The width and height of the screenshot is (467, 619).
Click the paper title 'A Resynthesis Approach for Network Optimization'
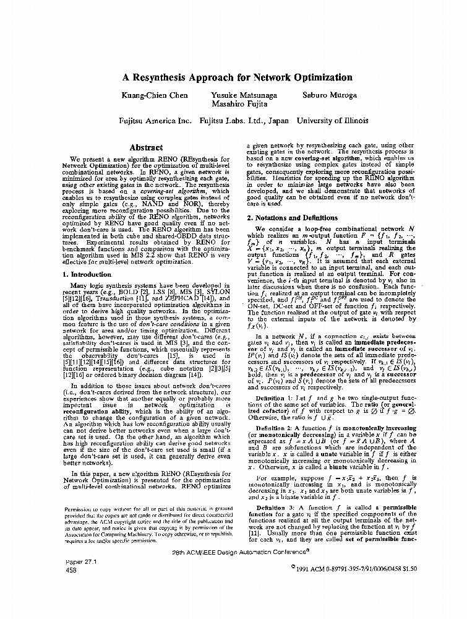tap(233, 78)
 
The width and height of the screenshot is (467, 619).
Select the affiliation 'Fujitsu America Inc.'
tap(155, 121)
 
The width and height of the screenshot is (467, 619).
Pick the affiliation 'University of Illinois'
tap(333, 121)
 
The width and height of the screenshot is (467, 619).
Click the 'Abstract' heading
tap(146, 148)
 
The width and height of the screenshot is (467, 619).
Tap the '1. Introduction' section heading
tap(91, 274)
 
